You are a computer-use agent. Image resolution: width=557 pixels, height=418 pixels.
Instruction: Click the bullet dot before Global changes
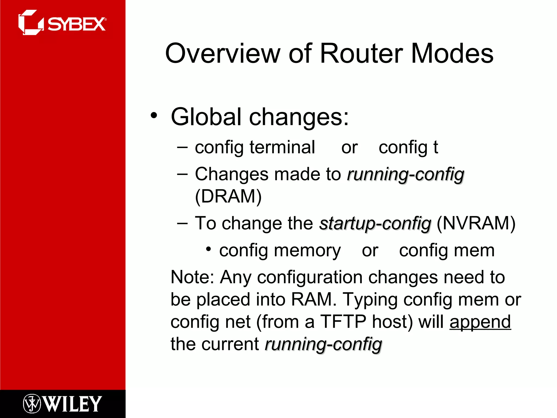(154, 115)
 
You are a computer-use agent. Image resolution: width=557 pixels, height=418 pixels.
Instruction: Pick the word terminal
(282, 147)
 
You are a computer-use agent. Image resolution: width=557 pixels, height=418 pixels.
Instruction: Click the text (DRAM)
(228, 196)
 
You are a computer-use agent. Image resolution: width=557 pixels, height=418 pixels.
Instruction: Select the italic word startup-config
(375, 223)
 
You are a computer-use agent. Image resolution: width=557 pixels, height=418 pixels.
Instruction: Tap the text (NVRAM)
(476, 223)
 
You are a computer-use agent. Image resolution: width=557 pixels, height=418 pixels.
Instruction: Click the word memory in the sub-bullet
(307, 250)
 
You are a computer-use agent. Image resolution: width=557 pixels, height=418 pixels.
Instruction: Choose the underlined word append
(480, 322)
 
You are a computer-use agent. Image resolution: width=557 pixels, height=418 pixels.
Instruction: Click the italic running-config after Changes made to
(406, 174)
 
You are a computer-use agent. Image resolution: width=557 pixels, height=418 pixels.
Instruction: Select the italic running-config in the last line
(323, 344)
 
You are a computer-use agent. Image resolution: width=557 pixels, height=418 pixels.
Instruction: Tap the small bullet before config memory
(209, 249)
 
